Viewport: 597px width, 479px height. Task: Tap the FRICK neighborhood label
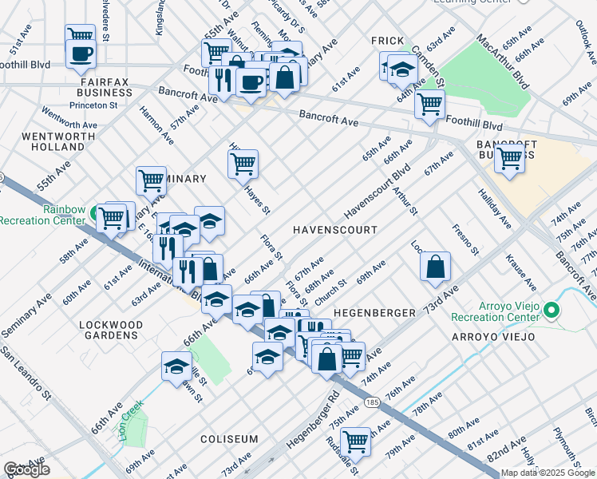pos(393,41)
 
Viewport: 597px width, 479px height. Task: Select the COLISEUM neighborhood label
pos(229,440)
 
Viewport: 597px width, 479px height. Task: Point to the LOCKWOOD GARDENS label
pos(111,330)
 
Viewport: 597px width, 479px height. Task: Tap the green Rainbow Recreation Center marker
pos(95,213)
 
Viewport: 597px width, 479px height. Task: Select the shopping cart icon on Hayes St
pos(243,164)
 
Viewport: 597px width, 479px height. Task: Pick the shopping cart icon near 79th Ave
pos(355,441)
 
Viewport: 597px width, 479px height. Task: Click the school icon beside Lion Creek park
pos(176,366)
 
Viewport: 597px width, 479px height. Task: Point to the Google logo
pos(26,470)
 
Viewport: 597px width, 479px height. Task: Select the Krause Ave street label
pos(516,270)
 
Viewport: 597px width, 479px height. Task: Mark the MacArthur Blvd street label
pos(502,59)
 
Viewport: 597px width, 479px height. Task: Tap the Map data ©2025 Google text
pos(548,473)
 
